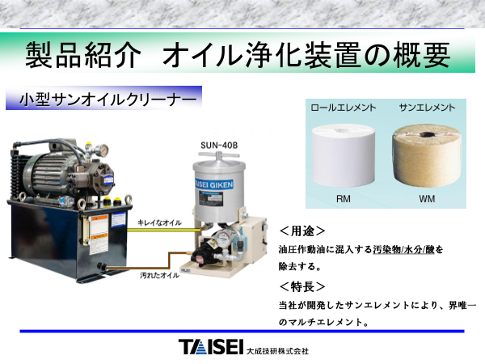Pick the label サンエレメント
[427, 107]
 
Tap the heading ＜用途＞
[302, 231]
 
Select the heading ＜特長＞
[302, 286]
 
